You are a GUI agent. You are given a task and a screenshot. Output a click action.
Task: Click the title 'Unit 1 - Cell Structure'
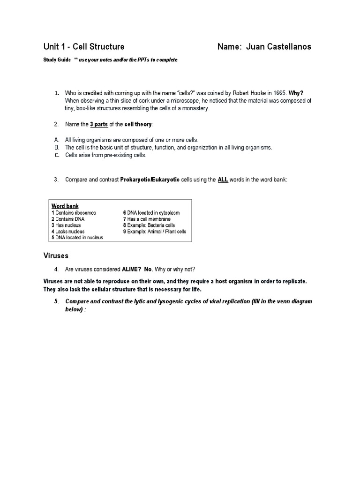tap(84, 46)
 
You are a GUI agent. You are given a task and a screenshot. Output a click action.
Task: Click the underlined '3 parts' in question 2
tap(99, 124)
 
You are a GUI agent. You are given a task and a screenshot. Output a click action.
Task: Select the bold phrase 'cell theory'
tap(138, 124)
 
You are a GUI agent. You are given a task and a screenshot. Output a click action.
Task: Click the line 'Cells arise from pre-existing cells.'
tap(106, 155)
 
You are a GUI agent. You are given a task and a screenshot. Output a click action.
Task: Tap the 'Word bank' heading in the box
tap(65, 206)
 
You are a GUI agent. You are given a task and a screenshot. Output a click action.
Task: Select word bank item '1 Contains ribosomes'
tap(74, 213)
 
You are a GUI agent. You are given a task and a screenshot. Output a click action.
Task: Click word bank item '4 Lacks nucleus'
tap(68, 231)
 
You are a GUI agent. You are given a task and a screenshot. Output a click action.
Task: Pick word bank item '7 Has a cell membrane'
tap(147, 219)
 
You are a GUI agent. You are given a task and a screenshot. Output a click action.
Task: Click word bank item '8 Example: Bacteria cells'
tap(151, 225)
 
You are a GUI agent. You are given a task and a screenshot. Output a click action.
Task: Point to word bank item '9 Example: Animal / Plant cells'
tap(155, 231)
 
